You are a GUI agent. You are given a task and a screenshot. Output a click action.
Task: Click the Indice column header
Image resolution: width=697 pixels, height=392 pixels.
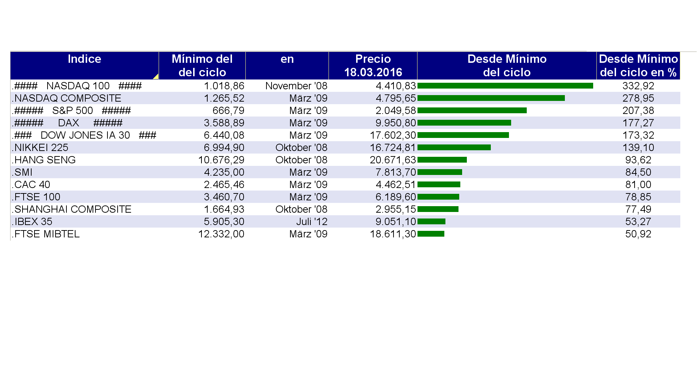84,59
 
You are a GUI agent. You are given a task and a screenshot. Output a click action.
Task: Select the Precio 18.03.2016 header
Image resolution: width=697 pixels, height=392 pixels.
373,66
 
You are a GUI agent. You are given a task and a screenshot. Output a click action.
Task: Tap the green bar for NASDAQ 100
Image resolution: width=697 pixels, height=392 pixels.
505,86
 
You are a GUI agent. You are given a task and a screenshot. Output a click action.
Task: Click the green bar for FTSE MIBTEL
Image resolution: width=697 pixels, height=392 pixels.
431,234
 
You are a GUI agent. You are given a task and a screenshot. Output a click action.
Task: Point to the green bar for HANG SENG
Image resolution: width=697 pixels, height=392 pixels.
442,160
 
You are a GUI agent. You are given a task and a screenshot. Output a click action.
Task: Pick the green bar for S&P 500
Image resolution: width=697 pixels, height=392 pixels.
472,110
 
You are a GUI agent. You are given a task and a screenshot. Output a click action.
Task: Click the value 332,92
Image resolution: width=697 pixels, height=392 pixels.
638,86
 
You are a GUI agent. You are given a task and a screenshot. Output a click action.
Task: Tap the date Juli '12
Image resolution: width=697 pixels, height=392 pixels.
311,222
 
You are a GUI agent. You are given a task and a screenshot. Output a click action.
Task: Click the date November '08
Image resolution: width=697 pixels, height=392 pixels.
296,86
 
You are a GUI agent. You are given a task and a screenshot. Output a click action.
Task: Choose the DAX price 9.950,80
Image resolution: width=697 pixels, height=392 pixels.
395,123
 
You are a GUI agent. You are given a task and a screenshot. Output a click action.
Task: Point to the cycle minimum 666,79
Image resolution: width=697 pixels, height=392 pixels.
228,111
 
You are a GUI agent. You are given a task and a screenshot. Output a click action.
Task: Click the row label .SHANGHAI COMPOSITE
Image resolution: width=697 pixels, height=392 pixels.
72,209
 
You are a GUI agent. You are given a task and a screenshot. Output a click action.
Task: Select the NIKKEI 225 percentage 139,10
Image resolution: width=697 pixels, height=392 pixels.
638,148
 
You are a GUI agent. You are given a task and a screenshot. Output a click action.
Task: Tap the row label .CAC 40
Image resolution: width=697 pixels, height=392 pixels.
31,185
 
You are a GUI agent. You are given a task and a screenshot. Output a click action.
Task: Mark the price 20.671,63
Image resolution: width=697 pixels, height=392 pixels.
392,160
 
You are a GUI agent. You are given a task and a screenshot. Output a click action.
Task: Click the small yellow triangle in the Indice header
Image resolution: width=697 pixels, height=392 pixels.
156,77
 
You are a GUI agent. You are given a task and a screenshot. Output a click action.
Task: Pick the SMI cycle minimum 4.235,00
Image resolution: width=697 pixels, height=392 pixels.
224,172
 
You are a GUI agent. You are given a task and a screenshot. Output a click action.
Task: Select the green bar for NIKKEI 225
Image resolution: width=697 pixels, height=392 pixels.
454,147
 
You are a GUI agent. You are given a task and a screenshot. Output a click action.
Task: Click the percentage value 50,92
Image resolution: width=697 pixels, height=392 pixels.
638,234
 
